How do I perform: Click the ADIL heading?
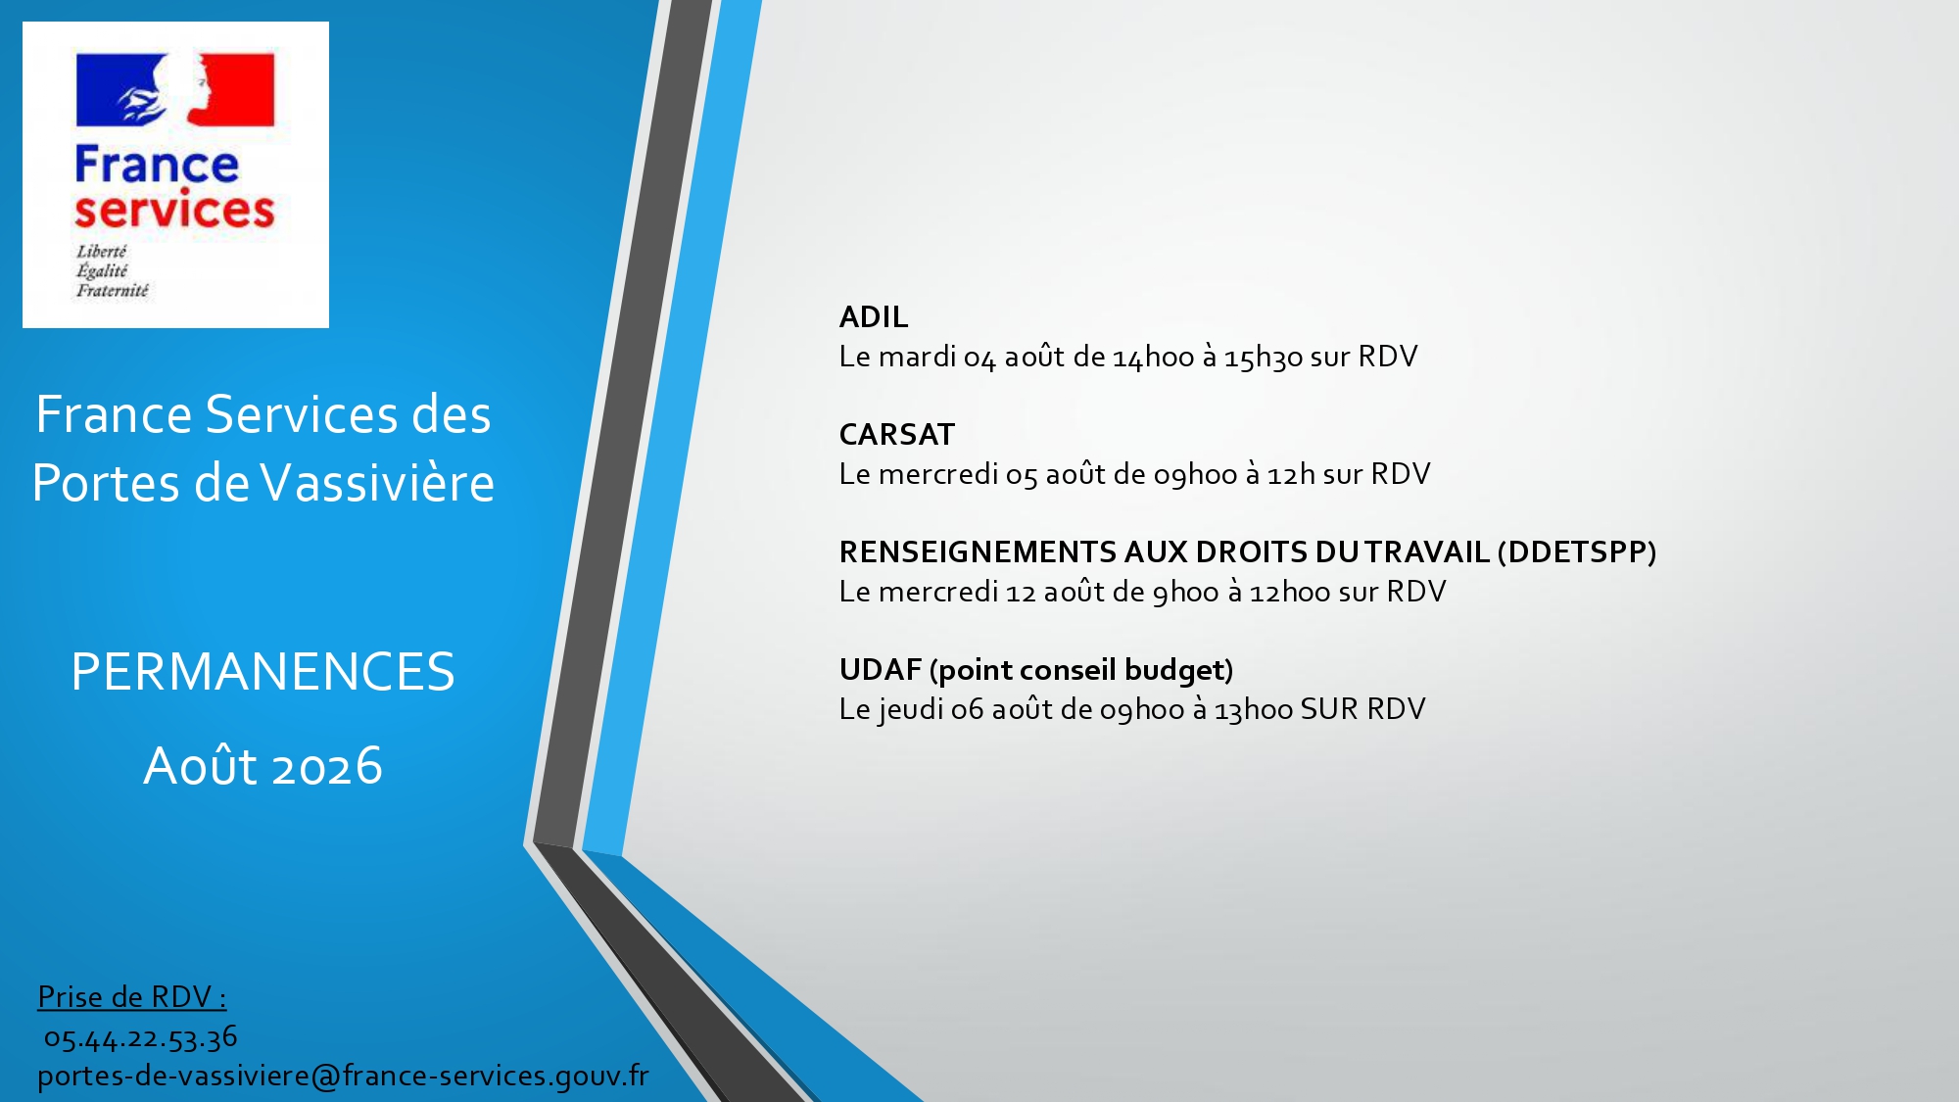[x=874, y=316]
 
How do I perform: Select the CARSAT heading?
[x=897, y=434]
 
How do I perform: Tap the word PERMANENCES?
[x=263, y=672]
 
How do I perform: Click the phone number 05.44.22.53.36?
[x=141, y=1037]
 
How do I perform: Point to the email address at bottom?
[x=343, y=1076]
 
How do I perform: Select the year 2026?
[x=327, y=766]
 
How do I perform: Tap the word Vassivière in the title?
[x=378, y=483]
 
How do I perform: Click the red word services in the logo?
[x=174, y=210]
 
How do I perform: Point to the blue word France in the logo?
[x=157, y=165]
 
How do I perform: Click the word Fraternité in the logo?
[x=113, y=290]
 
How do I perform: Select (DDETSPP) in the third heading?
[x=1577, y=552]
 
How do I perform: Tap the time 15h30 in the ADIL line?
[x=1264, y=357]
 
